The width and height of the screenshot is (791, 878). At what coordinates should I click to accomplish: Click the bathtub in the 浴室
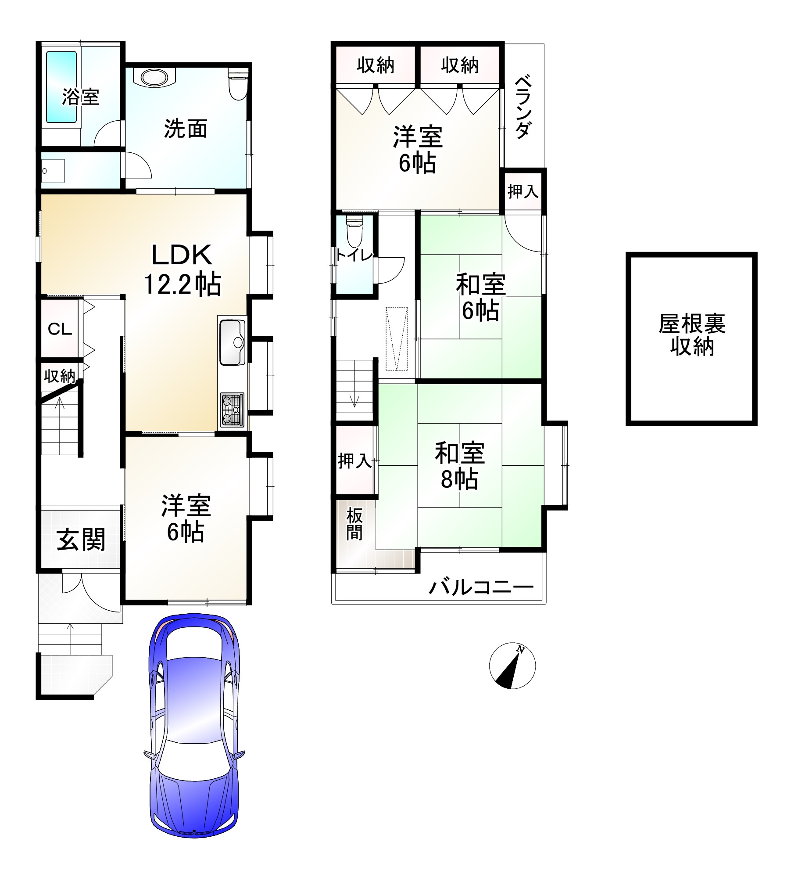(61, 87)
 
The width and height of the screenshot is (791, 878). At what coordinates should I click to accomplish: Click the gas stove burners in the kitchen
(232, 409)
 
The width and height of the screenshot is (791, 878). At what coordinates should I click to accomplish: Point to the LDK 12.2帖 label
(183, 270)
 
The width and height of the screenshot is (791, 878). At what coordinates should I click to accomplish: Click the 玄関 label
(81, 540)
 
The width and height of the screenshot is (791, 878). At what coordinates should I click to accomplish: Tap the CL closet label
(60, 329)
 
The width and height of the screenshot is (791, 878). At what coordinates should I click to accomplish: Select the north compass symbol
(512, 666)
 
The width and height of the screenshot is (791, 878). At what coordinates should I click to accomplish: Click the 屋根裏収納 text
(691, 335)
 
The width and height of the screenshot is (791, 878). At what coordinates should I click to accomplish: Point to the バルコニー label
(481, 587)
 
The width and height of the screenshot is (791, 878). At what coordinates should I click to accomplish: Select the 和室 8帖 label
(459, 466)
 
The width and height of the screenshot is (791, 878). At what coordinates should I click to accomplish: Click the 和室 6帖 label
(480, 297)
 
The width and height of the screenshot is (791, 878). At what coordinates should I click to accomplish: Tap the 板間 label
(354, 524)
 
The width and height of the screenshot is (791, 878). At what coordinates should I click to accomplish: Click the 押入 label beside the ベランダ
(523, 191)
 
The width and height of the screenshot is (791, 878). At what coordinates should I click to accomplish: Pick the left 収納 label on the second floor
(375, 65)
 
